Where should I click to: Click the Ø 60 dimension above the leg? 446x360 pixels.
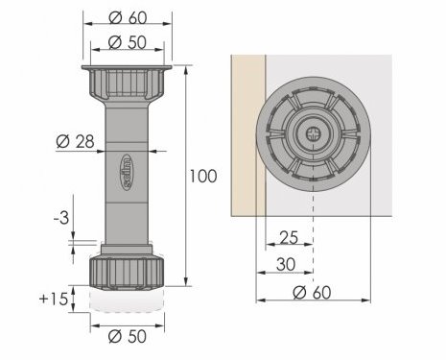(128, 18)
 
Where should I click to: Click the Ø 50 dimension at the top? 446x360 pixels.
(128, 42)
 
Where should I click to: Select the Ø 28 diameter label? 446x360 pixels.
(76, 141)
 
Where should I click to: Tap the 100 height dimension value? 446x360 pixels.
(203, 177)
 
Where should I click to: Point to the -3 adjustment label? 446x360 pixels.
(61, 219)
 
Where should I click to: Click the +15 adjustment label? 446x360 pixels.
(54, 300)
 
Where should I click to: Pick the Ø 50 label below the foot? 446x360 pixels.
(128, 336)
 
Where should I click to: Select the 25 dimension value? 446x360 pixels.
(289, 237)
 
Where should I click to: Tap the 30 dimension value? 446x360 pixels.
(286, 265)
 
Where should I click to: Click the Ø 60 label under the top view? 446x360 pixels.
(312, 293)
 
